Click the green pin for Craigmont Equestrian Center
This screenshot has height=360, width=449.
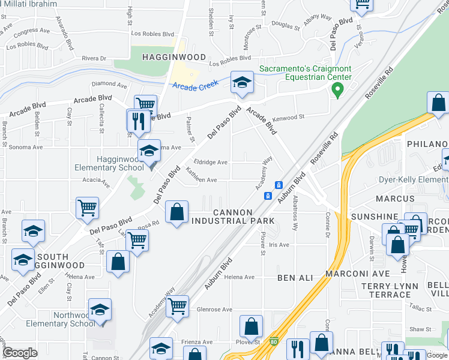click(337, 91)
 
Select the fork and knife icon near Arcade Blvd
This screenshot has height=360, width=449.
click(137, 121)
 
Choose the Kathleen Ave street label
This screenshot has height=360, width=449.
click(201, 179)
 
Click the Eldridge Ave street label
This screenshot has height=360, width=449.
click(211, 162)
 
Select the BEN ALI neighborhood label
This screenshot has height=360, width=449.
click(295, 278)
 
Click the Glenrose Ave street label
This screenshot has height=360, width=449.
click(214, 310)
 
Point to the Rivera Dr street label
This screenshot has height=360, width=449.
click(94, 58)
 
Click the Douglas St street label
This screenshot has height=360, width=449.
click(286, 25)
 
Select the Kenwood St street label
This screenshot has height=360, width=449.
click(289, 118)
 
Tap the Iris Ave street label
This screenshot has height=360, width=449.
click(279, 245)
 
